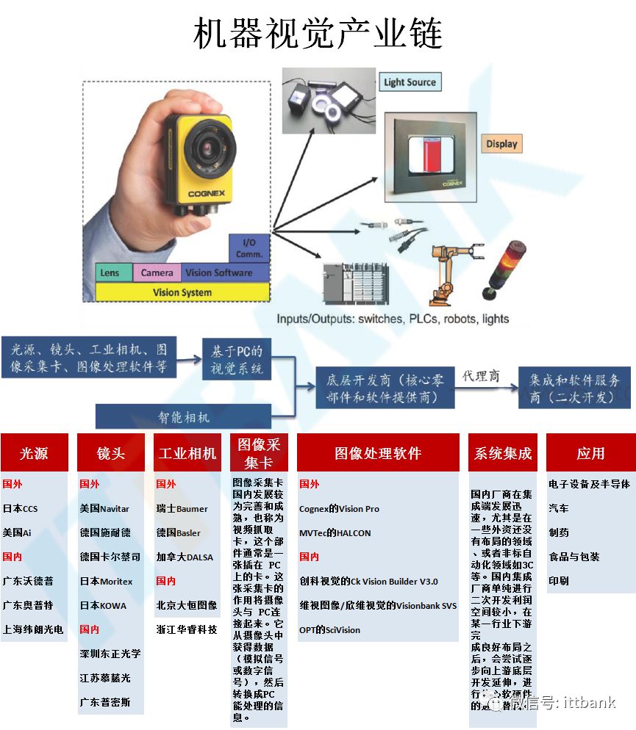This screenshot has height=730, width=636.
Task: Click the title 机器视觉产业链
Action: tap(318, 34)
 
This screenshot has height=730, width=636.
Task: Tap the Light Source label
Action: tap(410, 82)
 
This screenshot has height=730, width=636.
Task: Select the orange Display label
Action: tap(501, 144)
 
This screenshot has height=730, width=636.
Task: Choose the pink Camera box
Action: tap(157, 273)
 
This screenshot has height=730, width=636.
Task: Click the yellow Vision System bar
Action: tap(182, 292)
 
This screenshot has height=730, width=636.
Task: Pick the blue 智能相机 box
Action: tap(184, 417)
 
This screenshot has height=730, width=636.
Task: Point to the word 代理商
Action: tap(481, 376)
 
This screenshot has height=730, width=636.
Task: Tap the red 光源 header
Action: tap(35, 453)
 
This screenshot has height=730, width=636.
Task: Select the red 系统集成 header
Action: tap(503, 453)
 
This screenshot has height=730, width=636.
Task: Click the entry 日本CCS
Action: tap(21, 509)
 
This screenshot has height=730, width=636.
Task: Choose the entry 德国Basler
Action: tap(178, 533)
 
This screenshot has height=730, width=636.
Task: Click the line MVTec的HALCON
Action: tap(335, 533)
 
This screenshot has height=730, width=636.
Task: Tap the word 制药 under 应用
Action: tap(559, 532)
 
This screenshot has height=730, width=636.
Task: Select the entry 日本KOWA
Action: tap(103, 606)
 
